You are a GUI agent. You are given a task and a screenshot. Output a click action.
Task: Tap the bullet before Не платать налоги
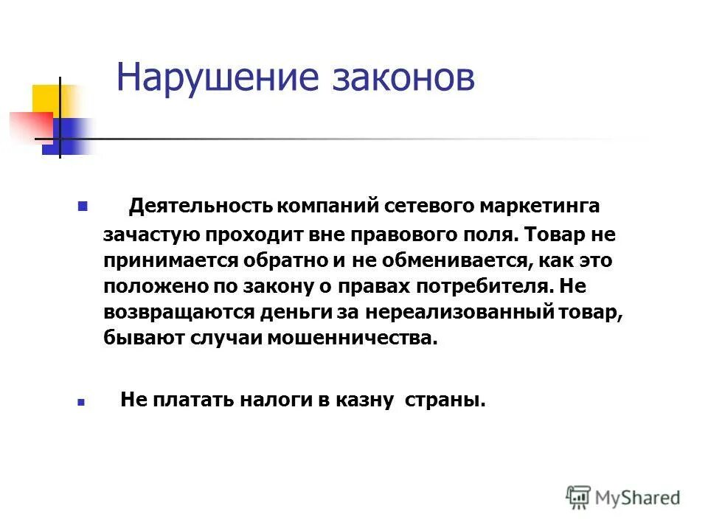tap(82, 403)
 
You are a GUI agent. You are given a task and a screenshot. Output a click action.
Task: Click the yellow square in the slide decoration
tap(46, 99)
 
